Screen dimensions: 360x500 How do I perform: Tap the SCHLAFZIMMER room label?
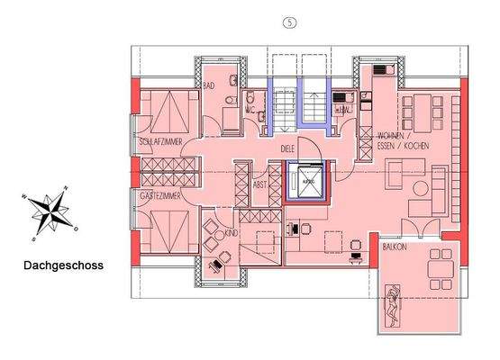(x=161, y=142)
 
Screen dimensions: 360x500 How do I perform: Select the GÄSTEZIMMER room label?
(x=160, y=195)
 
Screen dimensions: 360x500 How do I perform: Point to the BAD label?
(x=208, y=86)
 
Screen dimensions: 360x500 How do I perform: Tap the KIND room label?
(x=232, y=233)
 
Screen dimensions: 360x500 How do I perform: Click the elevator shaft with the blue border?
(x=308, y=180)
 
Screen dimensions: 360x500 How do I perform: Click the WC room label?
(x=250, y=112)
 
